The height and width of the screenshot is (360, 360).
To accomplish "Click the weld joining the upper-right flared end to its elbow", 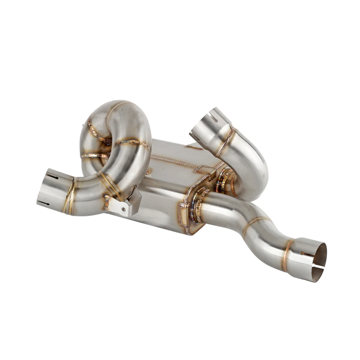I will point(226,142).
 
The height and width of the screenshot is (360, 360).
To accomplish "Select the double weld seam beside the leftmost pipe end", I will point(70,196).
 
